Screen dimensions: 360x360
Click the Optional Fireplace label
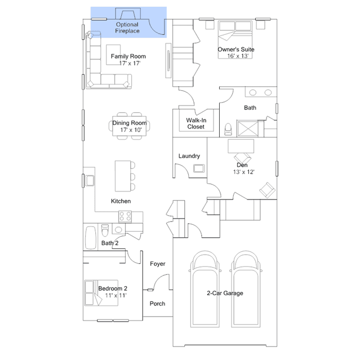point(127,28)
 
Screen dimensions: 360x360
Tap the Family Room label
point(128,56)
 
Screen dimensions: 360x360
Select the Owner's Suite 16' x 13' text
point(236,52)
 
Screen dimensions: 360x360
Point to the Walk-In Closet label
point(196,123)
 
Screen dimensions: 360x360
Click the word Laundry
point(189,156)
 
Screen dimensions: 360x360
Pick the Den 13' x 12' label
point(243,168)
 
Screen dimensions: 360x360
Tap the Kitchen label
point(121,201)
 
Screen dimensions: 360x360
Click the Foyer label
point(158,264)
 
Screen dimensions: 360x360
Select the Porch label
point(157,304)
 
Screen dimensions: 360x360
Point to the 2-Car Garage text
point(225,293)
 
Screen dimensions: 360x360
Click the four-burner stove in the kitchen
point(125,216)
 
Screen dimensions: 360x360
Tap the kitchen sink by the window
point(90,180)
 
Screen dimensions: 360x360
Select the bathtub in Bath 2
point(91,238)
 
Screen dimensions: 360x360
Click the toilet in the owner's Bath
point(228,130)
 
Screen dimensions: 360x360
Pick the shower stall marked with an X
point(248,128)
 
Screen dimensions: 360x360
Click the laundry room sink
point(199,168)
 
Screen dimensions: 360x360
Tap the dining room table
point(129,126)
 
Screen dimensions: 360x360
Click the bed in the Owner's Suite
point(235,40)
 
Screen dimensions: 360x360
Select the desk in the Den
point(241,146)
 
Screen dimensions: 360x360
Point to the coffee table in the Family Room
point(113,55)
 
